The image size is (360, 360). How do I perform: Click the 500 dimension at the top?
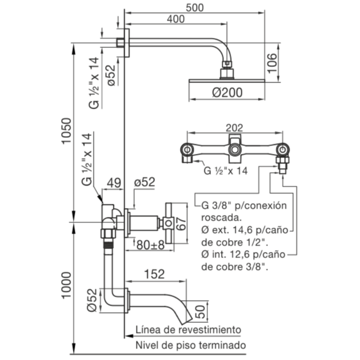click(195, 7)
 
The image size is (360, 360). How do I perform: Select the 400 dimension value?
click(175, 19)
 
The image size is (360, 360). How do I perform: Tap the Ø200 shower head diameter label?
click(227, 92)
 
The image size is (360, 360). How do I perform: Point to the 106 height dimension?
click(272, 63)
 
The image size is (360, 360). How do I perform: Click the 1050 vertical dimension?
click(66, 130)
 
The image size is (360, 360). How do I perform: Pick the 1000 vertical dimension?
click(66, 285)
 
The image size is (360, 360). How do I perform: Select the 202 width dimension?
click(234, 128)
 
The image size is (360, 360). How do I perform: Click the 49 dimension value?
click(114, 183)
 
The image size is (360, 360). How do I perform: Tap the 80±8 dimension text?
click(151, 245)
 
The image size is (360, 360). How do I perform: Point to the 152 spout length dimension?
click(155, 274)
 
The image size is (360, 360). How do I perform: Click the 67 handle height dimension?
click(181, 224)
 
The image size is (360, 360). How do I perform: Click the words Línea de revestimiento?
click(188, 330)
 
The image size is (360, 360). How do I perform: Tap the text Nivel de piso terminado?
click(191, 345)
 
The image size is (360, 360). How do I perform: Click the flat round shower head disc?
click(227, 81)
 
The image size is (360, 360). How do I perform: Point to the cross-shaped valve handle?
click(169, 223)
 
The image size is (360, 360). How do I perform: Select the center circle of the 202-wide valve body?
click(235, 150)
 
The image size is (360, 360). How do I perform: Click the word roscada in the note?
click(221, 218)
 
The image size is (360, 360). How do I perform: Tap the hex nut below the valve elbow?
click(108, 233)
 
